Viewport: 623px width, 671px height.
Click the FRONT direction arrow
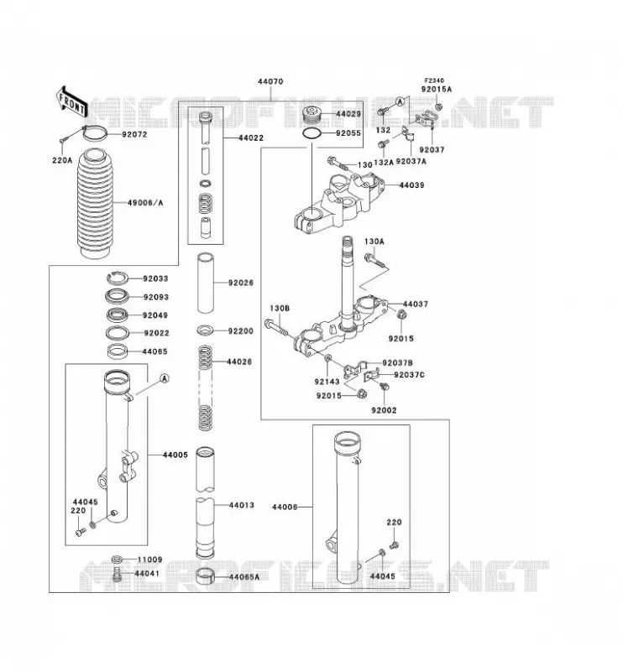[x=71, y=101]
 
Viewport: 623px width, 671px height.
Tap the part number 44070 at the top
[x=270, y=81]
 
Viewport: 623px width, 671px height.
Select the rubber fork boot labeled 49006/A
[x=97, y=204]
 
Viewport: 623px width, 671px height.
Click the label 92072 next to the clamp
[x=134, y=134]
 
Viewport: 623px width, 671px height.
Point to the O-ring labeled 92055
[x=312, y=133]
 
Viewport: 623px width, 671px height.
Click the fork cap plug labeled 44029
[x=312, y=115]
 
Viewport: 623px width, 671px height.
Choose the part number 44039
[x=411, y=185]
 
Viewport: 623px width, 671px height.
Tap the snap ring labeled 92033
[x=117, y=278]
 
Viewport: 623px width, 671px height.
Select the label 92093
[x=156, y=297]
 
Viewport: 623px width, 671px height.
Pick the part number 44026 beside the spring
[x=239, y=362]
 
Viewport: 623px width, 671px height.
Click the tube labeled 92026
[x=205, y=283]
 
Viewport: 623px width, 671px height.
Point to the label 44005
[x=175, y=455]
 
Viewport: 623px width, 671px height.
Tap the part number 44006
[x=285, y=507]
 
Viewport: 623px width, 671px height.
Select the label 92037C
[x=409, y=375]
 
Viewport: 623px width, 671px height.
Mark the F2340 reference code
[x=434, y=81]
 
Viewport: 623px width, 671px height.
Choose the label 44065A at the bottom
[x=244, y=577]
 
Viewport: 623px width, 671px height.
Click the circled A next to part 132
[x=400, y=101]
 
